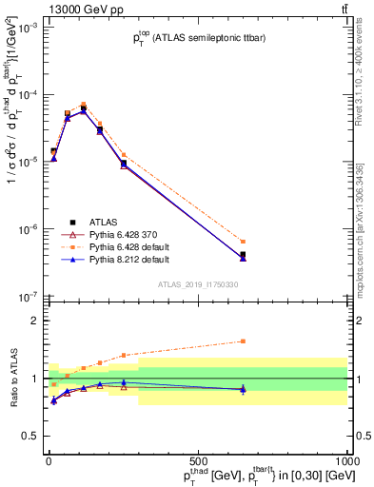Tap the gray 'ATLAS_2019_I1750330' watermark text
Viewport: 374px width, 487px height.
click(x=197, y=284)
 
